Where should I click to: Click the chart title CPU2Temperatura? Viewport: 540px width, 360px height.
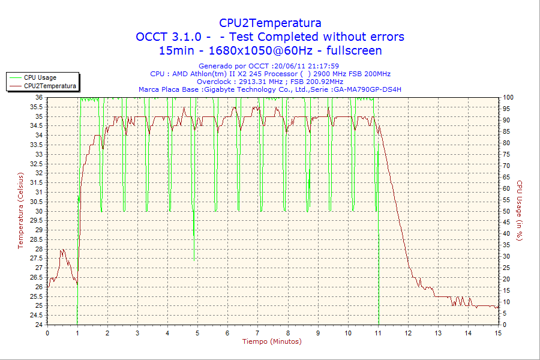pos(269,23)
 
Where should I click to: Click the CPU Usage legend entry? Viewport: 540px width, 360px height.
pos(40,77)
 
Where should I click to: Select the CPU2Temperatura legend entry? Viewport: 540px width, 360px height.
pos(50,86)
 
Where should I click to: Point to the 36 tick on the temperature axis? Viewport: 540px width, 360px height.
pos(38,97)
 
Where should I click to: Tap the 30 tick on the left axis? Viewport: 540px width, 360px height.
pos(38,211)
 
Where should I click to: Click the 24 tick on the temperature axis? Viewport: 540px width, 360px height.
pos(38,325)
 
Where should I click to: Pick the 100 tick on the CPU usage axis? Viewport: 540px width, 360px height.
pos(508,97)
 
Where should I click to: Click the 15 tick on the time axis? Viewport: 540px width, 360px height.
pos(498,333)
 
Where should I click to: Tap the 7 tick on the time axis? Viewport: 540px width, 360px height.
pos(257,333)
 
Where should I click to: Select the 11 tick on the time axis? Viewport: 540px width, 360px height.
pos(378,333)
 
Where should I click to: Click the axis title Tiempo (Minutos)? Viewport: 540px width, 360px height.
pos(272,342)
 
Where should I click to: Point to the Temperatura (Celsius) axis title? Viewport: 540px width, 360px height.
pos(20,211)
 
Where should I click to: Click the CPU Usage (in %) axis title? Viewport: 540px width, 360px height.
pos(520,211)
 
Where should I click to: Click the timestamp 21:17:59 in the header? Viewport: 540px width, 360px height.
pos(323,66)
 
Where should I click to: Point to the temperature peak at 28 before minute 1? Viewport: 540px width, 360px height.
pos(62,250)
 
